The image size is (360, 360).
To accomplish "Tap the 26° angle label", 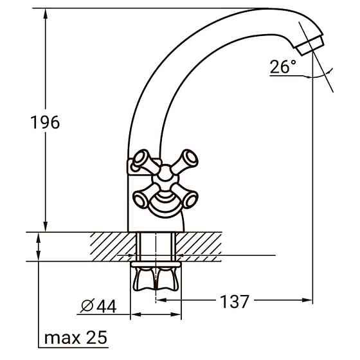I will pos(283,66).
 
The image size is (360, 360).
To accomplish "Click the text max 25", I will pos(76,338).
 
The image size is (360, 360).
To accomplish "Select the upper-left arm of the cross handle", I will pos(142,160).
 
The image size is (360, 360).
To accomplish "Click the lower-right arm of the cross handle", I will pos(189,199).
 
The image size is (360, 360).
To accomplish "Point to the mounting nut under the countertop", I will pos(157,277).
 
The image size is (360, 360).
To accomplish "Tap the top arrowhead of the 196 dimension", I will pos(46,13).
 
